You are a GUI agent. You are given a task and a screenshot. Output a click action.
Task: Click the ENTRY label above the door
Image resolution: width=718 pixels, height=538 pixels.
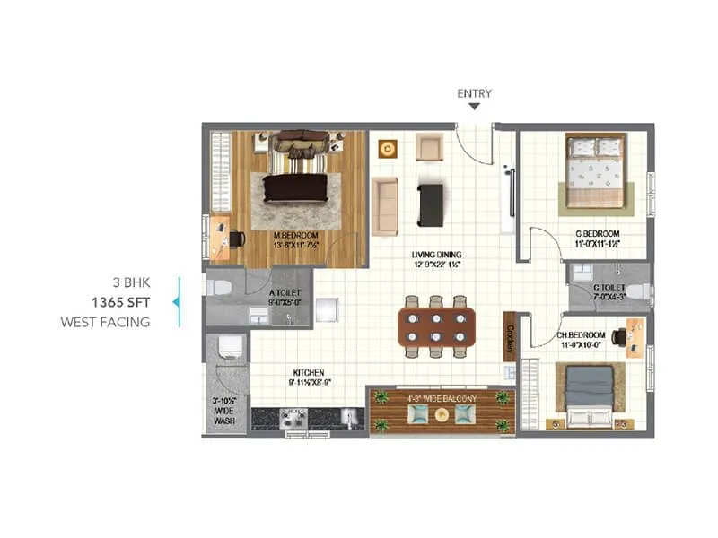point(474,93)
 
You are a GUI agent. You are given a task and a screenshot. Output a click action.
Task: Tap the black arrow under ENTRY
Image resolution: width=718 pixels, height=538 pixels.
point(474,107)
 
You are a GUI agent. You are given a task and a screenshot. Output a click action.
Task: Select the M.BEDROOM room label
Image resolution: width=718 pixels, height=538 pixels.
point(295,236)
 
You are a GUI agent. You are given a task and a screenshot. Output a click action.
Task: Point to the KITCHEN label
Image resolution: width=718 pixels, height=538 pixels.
point(307,372)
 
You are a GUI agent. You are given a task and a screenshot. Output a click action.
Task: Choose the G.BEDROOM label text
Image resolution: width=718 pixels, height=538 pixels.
point(599,235)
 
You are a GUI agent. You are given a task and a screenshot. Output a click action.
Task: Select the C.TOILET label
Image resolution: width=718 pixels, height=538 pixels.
point(608,287)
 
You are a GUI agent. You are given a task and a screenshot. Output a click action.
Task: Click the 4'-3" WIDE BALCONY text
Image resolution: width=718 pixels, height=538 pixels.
point(439,396)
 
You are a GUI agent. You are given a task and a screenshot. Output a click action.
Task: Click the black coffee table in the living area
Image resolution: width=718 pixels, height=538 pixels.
point(430,204)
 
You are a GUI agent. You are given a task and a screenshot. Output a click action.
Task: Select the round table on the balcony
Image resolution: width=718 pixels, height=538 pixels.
point(440,413)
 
